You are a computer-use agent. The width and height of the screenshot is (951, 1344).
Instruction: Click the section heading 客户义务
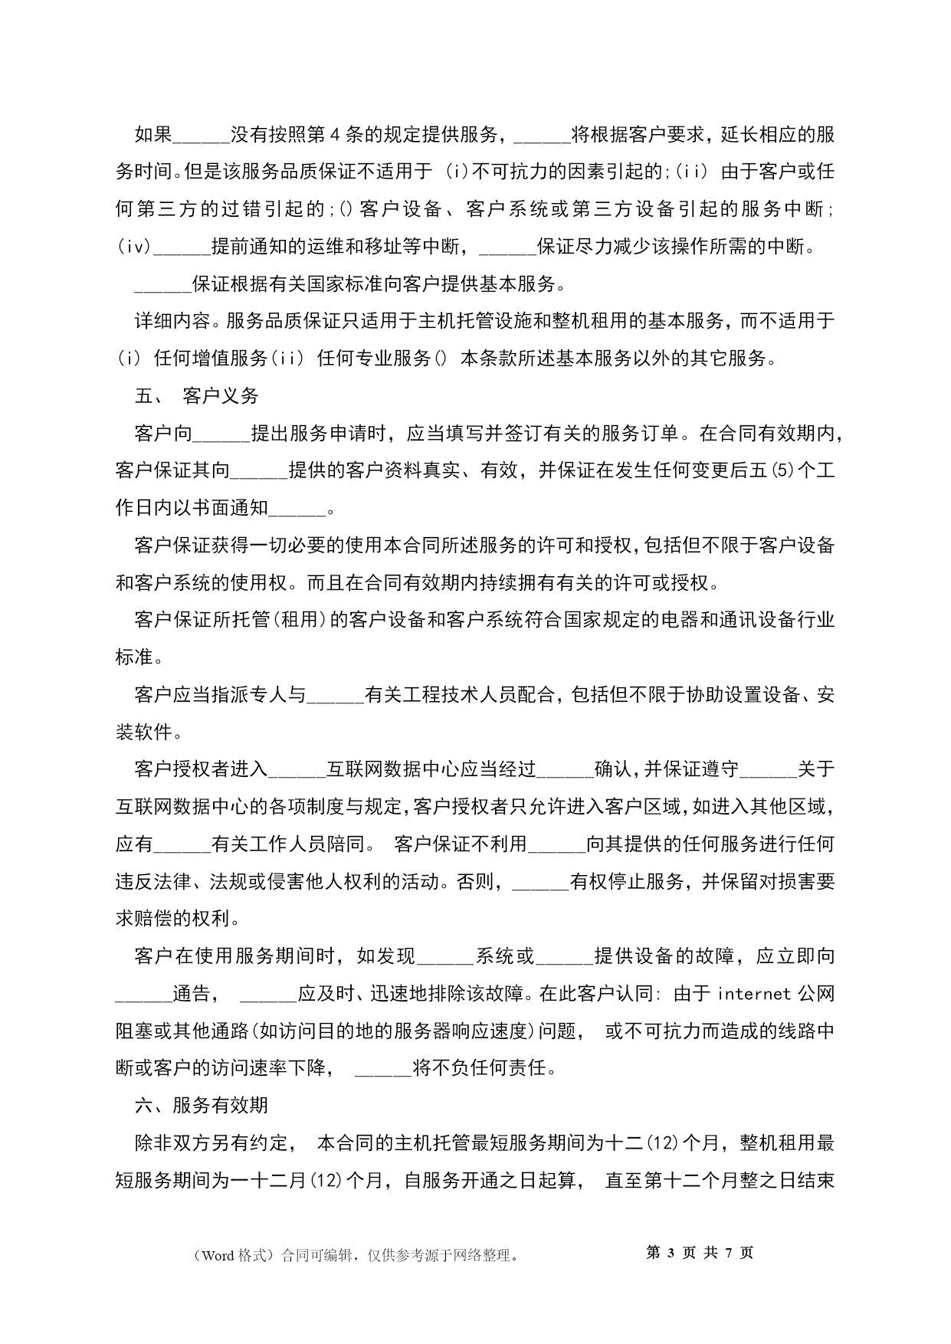tap(221, 396)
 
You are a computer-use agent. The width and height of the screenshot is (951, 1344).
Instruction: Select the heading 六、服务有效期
tap(201, 1105)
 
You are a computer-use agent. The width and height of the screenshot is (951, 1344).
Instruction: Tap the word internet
tap(755, 994)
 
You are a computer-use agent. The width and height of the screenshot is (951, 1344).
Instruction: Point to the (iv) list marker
tap(133, 247)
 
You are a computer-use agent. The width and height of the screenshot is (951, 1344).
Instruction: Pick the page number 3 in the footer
tap(671, 1253)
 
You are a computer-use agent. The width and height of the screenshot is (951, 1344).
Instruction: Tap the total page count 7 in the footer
tap(729, 1253)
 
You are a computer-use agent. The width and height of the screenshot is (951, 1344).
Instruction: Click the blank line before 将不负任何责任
tap(384, 1068)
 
